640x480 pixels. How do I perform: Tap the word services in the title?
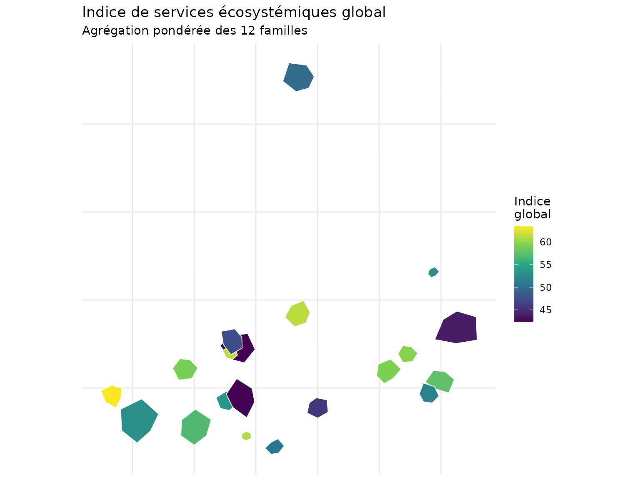click(188, 12)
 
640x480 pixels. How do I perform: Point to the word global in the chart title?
click(363, 12)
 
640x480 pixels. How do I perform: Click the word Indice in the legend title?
click(532, 202)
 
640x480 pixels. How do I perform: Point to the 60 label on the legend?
click(545, 242)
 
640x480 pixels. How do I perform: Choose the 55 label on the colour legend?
click(545, 265)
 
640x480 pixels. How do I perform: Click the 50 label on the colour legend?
click(545, 287)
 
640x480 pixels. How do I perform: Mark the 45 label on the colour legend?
click(545, 310)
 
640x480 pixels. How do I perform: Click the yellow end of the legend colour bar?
click(523, 228)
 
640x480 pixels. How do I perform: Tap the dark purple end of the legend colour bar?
click(523, 320)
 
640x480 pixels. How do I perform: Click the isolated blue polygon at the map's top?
click(298, 77)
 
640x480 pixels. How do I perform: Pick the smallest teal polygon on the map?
click(433, 272)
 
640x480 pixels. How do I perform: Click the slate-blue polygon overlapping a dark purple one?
click(232, 340)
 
